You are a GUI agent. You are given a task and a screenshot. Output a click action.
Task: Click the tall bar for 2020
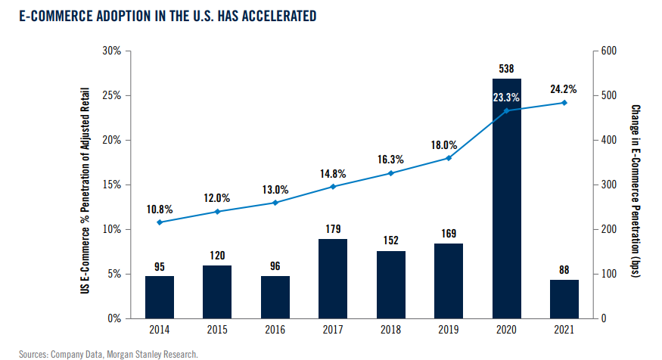click(507, 198)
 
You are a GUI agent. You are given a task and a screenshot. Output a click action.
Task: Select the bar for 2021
click(564, 299)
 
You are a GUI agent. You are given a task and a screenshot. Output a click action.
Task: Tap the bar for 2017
click(333, 279)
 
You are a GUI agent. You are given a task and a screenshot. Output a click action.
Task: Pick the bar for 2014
click(160, 297)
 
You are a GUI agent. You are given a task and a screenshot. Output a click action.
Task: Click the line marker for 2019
click(449, 158)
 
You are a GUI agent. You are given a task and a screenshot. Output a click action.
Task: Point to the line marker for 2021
click(564, 103)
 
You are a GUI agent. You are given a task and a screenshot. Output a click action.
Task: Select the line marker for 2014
click(160, 222)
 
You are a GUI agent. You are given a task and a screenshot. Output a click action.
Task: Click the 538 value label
click(506, 68)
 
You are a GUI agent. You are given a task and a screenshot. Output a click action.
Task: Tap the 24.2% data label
click(563, 89)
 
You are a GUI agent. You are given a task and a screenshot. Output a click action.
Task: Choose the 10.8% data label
click(160, 209)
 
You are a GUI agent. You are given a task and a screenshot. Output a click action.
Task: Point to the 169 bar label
click(449, 234)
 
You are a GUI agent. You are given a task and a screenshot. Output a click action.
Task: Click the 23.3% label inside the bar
click(506, 98)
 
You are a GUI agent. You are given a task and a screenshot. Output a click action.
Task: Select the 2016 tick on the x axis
click(275, 329)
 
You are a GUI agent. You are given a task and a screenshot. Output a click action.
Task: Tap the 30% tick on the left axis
click(111, 51)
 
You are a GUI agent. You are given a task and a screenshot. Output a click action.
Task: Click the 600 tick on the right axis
click(609, 51)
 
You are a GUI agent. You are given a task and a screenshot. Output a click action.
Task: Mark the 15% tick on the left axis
click(111, 185)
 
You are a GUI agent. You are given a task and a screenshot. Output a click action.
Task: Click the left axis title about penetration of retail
click(85, 191)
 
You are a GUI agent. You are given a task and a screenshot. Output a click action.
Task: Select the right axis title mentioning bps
click(636, 191)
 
